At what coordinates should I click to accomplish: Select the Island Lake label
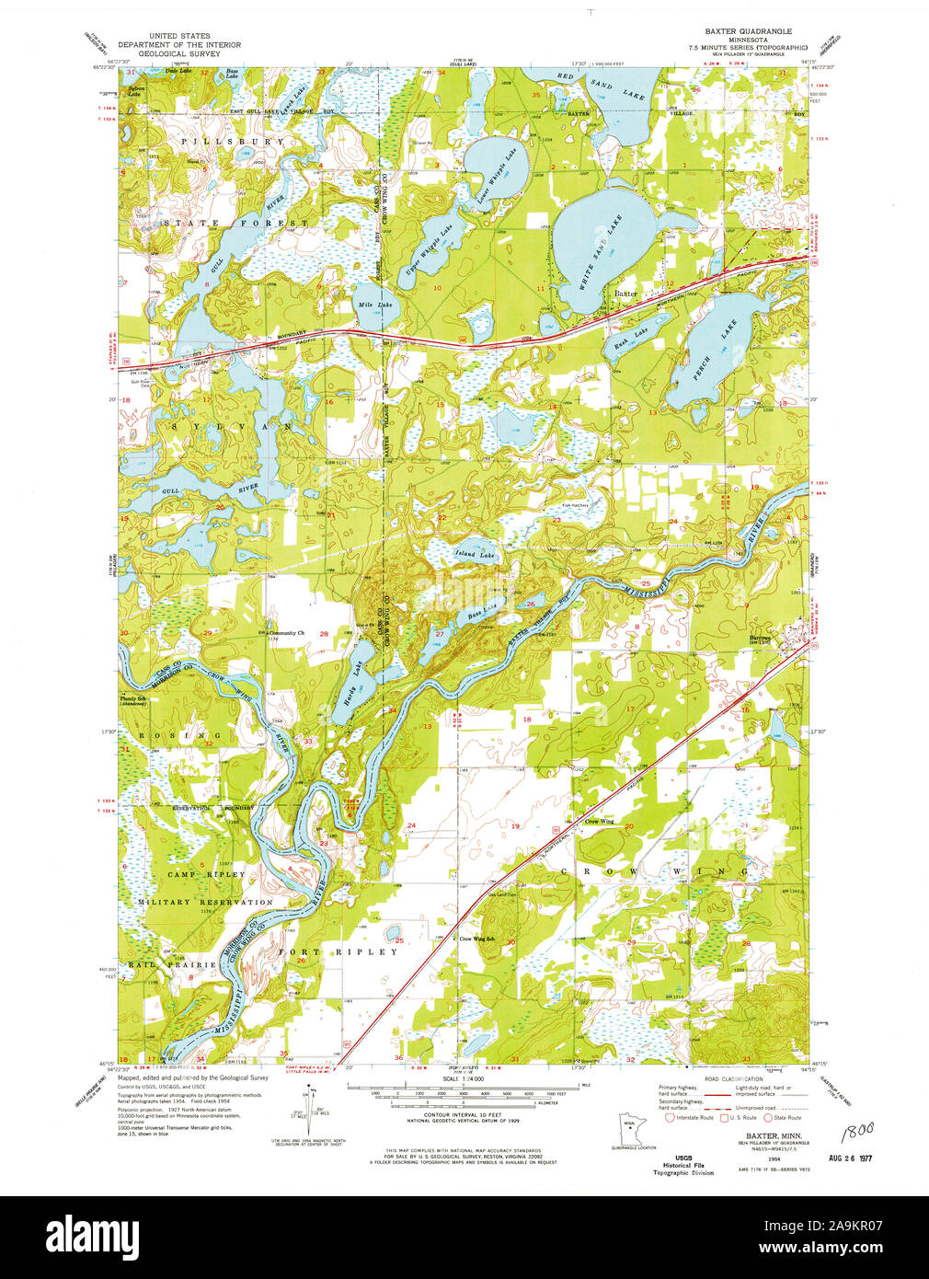click(475, 555)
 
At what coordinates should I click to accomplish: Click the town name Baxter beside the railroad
click(626, 293)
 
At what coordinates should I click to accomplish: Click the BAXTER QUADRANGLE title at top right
click(746, 31)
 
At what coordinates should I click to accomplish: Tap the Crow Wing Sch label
click(477, 939)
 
